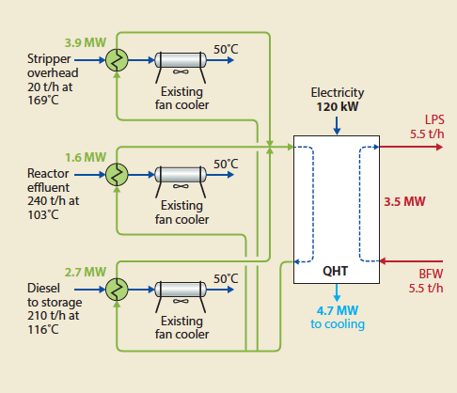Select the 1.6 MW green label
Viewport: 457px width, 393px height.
[83, 156]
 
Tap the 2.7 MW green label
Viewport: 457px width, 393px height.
[83, 272]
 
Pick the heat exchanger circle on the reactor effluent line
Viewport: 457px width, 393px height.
[118, 175]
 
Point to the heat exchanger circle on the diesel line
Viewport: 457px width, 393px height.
[118, 290]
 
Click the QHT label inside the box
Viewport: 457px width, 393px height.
[336, 270]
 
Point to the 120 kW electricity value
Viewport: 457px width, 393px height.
[337, 107]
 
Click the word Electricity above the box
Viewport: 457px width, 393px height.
[337, 93]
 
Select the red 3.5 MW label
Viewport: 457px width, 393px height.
[405, 201]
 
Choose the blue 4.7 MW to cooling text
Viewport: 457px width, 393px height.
[335, 317]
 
